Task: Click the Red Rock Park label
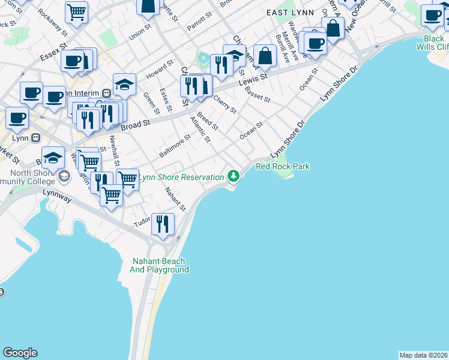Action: click(x=283, y=166)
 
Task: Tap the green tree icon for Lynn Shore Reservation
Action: click(x=234, y=176)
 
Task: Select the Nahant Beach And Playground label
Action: click(x=159, y=266)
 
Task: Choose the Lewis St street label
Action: click(x=253, y=80)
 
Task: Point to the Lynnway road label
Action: click(x=56, y=193)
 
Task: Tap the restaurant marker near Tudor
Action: click(x=163, y=224)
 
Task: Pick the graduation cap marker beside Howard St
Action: click(x=124, y=85)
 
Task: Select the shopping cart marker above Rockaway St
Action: click(x=76, y=11)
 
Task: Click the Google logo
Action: click(x=20, y=353)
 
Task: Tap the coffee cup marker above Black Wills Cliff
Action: click(x=432, y=16)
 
